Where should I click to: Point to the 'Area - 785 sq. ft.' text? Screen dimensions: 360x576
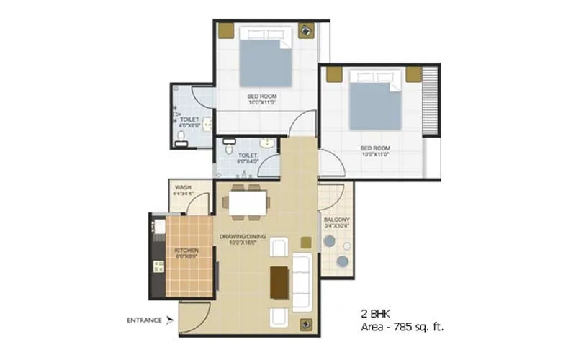[401, 327]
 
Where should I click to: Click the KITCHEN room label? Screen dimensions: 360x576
[186, 250]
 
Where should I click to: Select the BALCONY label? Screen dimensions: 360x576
[336, 220]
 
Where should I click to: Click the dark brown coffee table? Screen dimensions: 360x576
[280, 282]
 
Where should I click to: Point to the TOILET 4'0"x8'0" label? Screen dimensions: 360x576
[189, 120]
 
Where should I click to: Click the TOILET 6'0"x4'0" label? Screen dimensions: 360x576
[248, 154]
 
